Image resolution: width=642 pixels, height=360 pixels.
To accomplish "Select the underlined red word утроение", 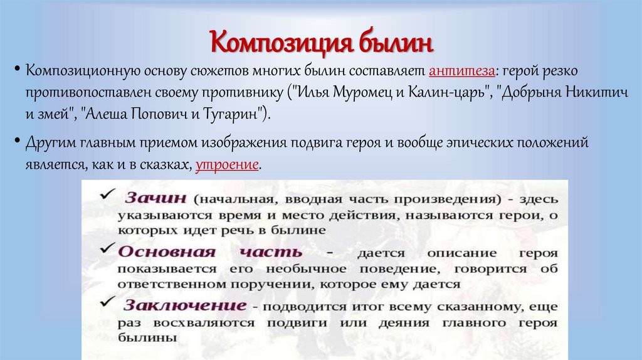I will coord(227,166).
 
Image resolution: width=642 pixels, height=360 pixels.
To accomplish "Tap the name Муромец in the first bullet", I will coord(347,93).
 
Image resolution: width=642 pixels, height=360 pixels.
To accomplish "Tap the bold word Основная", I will coord(158,251).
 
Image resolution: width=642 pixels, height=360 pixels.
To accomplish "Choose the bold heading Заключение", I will coord(184,305).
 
